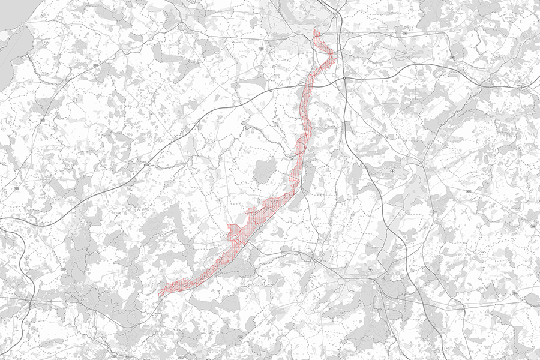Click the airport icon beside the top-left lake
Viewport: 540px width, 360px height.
(47, 44)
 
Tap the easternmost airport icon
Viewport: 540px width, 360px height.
(392, 172)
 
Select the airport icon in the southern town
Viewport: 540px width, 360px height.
(370, 271)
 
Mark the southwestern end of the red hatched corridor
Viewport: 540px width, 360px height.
(160, 295)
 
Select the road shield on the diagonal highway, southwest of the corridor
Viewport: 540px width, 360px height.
(146, 163)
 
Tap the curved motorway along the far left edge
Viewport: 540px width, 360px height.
(27, 264)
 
